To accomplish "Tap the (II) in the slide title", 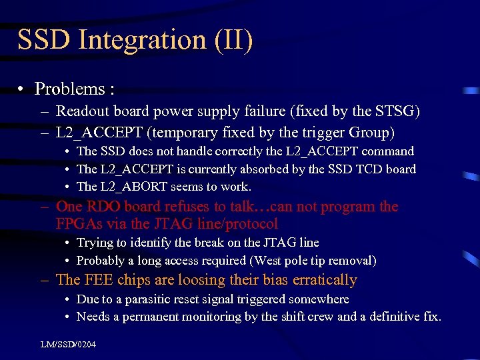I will click(x=234, y=40).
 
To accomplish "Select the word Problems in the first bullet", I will click(x=69, y=89).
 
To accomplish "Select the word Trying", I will click(x=95, y=243).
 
